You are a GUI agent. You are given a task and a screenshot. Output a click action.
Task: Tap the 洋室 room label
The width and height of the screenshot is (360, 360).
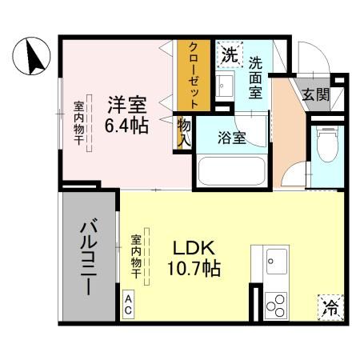pos(127,103)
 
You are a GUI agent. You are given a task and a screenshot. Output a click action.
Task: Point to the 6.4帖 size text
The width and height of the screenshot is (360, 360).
pos(127,125)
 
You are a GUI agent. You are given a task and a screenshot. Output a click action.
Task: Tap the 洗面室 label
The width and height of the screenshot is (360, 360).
pos(256,76)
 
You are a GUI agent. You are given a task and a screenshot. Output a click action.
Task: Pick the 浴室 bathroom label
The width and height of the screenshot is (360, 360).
pos(232,137)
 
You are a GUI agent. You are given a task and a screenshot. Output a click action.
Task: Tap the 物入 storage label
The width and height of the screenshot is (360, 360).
pos(184,132)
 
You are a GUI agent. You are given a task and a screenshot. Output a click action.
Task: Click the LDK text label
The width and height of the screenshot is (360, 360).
pos(193,248)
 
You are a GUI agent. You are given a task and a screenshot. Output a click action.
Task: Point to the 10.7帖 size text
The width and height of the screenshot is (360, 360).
pos(193,269)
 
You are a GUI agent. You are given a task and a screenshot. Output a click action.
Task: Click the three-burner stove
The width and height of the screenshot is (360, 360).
pos(276,305)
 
